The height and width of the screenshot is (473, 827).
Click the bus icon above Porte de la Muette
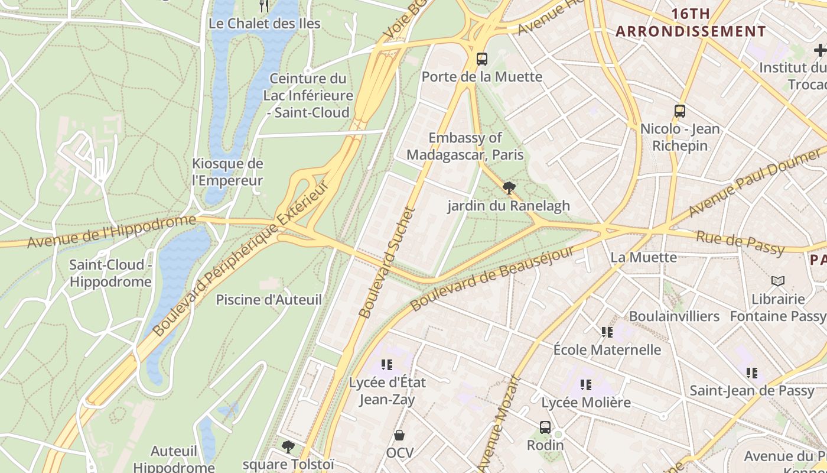(x=482, y=59)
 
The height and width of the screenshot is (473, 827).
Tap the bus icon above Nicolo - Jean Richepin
(x=680, y=111)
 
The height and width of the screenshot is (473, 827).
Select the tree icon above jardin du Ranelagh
(x=508, y=188)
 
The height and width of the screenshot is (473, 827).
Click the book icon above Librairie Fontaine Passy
(x=778, y=281)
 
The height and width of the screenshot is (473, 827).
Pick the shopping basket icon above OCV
(x=399, y=436)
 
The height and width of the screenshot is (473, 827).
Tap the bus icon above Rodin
(x=545, y=426)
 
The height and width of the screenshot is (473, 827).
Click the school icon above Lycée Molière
(x=586, y=385)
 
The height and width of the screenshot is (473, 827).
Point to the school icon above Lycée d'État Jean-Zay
(x=387, y=365)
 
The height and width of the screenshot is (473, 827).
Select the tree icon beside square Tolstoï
(x=288, y=446)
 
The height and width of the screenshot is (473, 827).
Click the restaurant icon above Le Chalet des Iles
(x=264, y=6)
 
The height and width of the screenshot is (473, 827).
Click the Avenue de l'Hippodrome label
(x=111, y=231)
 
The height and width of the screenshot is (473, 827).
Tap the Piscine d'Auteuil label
(x=269, y=300)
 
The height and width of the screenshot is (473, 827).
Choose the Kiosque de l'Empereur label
(x=227, y=172)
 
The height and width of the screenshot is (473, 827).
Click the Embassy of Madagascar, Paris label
(x=465, y=146)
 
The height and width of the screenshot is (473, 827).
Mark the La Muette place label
(x=644, y=257)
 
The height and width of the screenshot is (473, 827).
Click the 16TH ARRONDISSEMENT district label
(x=691, y=23)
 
